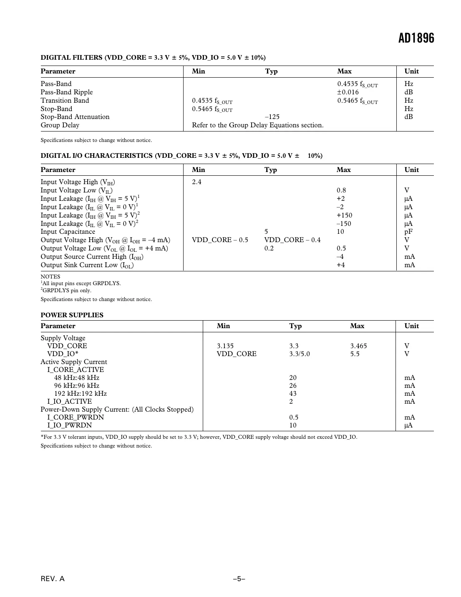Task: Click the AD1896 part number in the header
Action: click(416, 38)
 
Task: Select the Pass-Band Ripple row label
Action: click(67, 92)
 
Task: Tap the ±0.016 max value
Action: click(348, 92)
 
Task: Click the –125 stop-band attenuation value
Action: click(272, 117)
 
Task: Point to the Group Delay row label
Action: click(60, 125)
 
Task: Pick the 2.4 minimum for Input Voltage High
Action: click(196, 182)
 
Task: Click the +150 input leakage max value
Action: click(344, 215)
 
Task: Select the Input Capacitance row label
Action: click(68, 232)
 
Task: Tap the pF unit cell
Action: click(408, 232)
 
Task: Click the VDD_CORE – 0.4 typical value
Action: click(292, 240)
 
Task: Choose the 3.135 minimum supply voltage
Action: click(225, 346)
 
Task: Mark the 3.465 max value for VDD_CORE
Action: click(358, 346)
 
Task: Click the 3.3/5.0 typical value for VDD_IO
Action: click(300, 354)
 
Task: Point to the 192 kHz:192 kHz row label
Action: click(80, 394)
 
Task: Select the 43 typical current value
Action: click(293, 394)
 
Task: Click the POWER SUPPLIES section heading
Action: click(72, 315)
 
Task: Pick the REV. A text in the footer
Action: click(53, 579)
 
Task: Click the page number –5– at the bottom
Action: click(239, 579)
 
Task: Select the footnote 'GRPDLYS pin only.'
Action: click(66, 291)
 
